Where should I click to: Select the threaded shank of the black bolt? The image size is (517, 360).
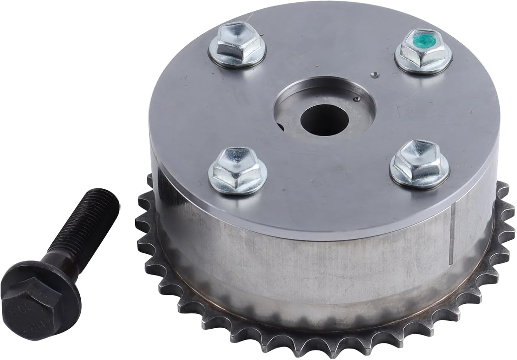(79, 234)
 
